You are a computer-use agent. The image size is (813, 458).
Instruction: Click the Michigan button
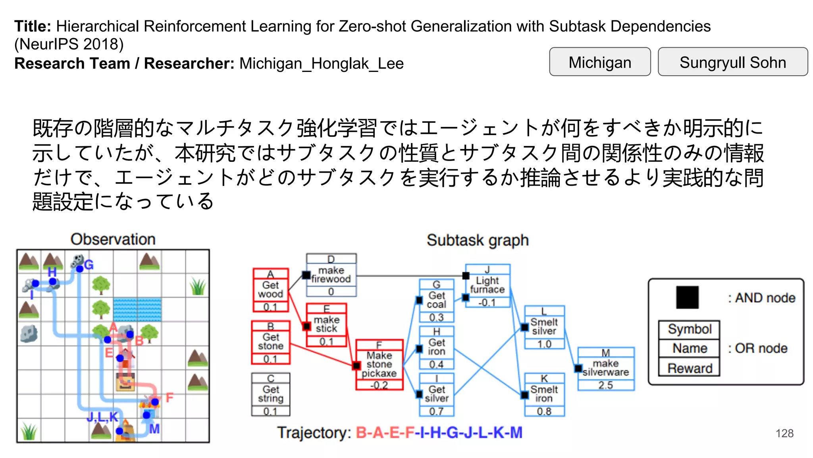click(x=599, y=62)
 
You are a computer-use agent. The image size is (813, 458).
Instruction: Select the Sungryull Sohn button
click(x=732, y=62)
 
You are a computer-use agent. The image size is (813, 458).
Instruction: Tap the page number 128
click(x=784, y=433)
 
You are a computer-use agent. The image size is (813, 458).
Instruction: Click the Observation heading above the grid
click(x=113, y=239)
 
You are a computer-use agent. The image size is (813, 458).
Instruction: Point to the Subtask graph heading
click(x=478, y=240)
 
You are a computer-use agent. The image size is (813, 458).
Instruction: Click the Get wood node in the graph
click(x=271, y=290)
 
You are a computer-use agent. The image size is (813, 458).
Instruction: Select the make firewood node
click(x=331, y=275)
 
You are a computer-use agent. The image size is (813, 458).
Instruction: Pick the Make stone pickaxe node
click(x=379, y=364)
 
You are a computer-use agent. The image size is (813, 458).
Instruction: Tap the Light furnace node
click(x=487, y=285)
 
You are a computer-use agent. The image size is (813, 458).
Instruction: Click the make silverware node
click(x=606, y=368)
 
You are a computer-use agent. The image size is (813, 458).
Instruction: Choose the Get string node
click(x=271, y=394)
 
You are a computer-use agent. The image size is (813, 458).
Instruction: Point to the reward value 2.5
click(x=606, y=385)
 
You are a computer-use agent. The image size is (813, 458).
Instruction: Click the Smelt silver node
click(x=544, y=326)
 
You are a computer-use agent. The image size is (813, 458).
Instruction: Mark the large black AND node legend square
click(x=687, y=297)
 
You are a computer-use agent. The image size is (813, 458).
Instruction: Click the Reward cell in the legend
click(x=689, y=368)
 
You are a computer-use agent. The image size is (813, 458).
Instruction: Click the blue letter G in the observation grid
click(x=89, y=265)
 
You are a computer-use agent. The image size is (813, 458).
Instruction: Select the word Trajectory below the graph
click(x=313, y=433)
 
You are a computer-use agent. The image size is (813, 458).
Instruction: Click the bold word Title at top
click(x=33, y=26)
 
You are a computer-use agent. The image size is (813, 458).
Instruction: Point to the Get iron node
click(x=436, y=347)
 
